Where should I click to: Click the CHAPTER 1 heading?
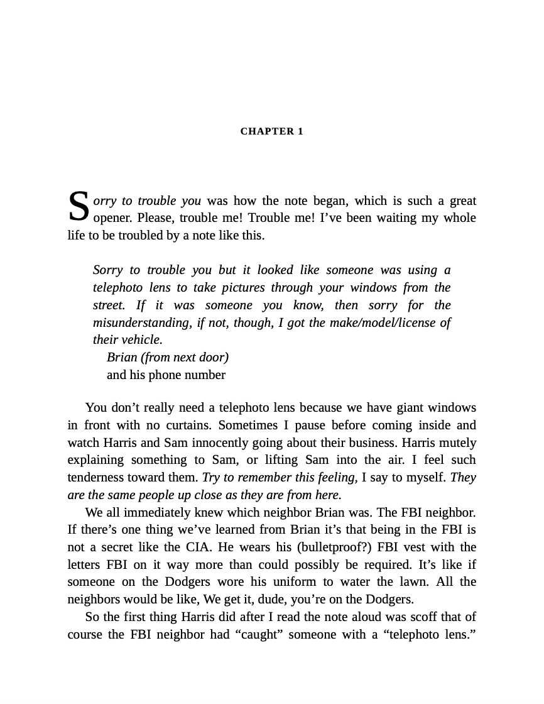[x=271, y=131]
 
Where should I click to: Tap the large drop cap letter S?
[x=79, y=207]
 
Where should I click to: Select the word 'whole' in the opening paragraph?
[x=461, y=218]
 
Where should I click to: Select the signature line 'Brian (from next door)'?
[x=168, y=358]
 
